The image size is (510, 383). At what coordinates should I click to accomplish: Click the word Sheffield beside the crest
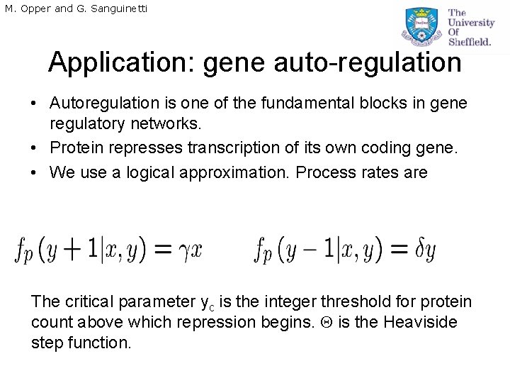469,42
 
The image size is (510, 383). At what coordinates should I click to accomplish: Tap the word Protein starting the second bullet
75,148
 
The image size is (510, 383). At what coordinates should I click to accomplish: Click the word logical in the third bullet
157,172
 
